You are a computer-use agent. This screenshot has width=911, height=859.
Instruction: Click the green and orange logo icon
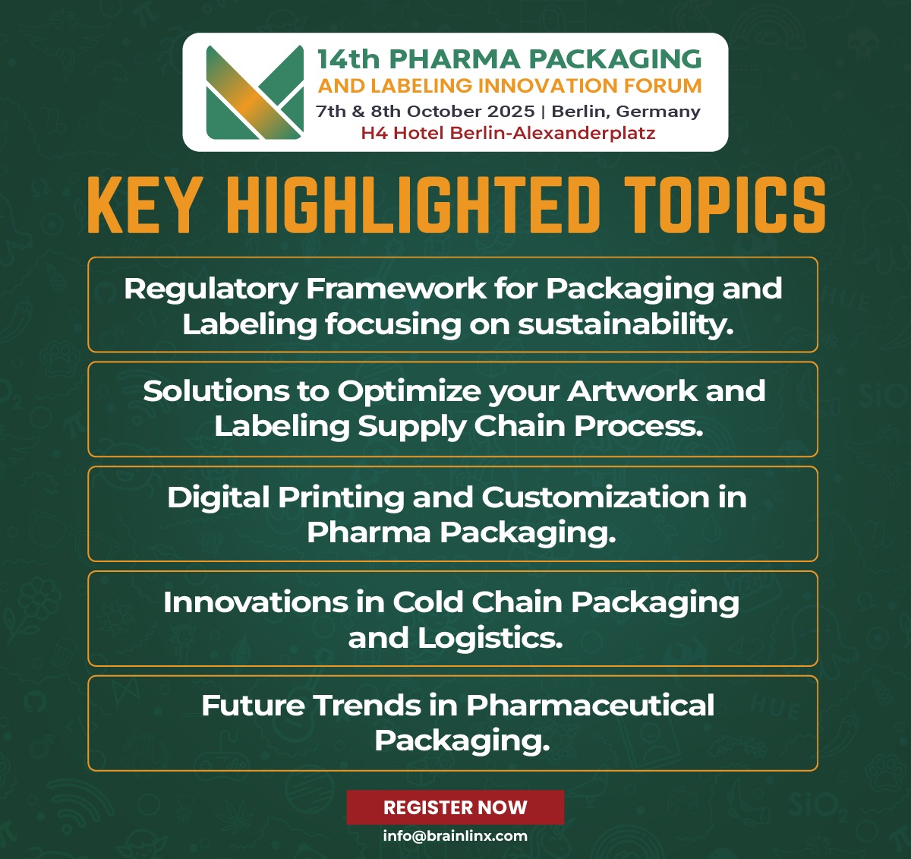pyautogui.click(x=254, y=93)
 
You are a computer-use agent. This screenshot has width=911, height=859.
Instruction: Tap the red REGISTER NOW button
pyautogui.click(x=455, y=807)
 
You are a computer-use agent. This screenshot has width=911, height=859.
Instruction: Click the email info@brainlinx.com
pyautogui.click(x=455, y=836)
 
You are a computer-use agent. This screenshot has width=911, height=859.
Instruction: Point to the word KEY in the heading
pyautogui.click(x=143, y=206)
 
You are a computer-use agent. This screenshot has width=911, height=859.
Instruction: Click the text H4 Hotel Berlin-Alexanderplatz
pyautogui.click(x=508, y=134)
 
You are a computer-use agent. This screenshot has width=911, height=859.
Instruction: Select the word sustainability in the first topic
pyautogui.click(x=626, y=324)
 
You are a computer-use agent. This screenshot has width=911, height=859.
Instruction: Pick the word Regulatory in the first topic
pyautogui.click(x=210, y=289)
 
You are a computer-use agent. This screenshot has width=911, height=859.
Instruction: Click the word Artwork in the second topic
pyautogui.click(x=632, y=391)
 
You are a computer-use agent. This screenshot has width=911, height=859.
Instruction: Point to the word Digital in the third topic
pyautogui.click(x=218, y=497)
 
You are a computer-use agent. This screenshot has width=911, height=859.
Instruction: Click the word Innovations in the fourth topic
pyautogui.click(x=254, y=602)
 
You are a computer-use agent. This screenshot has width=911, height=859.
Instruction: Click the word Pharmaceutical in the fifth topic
pyautogui.click(x=590, y=706)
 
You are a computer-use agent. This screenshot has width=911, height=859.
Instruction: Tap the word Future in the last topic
pyautogui.click(x=253, y=706)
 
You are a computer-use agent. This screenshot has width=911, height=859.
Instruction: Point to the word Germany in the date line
pyautogui.click(x=658, y=112)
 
